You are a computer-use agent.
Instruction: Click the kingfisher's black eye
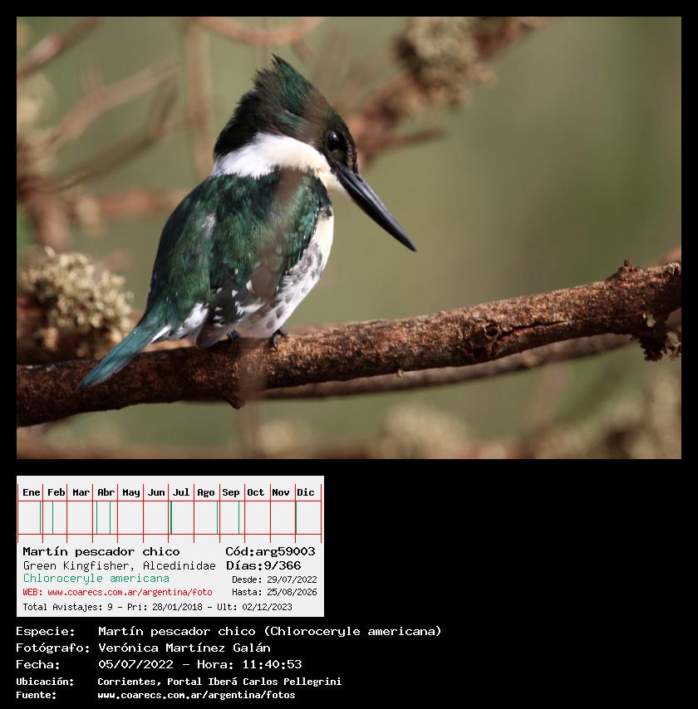(x=334, y=141)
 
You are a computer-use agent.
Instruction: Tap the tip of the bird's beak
(x=414, y=249)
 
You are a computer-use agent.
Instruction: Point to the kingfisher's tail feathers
(x=120, y=350)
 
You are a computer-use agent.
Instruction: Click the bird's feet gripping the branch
(x=256, y=337)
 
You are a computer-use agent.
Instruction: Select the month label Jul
(x=180, y=492)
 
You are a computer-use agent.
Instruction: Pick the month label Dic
(x=306, y=492)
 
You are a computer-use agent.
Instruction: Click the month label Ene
(x=32, y=492)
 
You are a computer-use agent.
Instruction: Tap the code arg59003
(x=286, y=551)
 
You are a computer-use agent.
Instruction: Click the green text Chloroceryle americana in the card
(x=96, y=579)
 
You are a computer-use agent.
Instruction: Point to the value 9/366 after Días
(x=283, y=565)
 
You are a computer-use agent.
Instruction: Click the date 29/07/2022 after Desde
(x=292, y=579)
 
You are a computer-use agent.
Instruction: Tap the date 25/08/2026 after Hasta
(x=292, y=592)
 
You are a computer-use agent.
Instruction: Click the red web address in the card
(x=130, y=592)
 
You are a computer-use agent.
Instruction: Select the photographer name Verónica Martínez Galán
(x=184, y=648)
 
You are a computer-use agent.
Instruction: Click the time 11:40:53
(x=272, y=664)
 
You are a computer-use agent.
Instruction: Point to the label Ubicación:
(x=45, y=682)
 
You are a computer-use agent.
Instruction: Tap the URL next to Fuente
(x=196, y=695)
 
